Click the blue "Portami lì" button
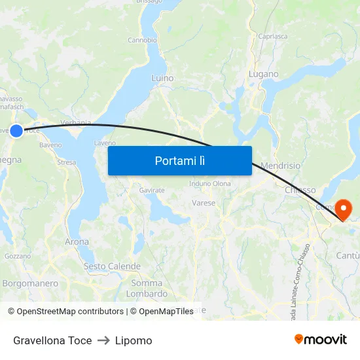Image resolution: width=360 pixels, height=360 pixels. click(179, 160)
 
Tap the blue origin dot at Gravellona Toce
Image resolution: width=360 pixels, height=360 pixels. click(16, 130)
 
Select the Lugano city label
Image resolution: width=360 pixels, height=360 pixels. click(263, 74)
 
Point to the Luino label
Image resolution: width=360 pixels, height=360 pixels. click(162, 78)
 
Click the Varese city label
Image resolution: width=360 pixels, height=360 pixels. click(204, 203)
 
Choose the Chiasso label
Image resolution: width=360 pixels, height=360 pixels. click(300, 190)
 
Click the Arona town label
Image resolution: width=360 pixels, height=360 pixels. click(77, 242)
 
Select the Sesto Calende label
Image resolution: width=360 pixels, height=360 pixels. click(112, 266)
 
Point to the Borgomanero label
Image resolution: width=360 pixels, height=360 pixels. click(30, 283)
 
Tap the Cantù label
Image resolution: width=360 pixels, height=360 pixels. click(347, 254)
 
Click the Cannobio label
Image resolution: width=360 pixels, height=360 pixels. click(142, 40)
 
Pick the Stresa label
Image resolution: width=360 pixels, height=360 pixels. click(67, 162)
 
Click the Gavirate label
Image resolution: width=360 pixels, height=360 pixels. click(151, 190)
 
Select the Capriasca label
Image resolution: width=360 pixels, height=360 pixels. click(273, 37)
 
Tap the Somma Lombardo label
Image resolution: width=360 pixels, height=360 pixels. click(147, 289)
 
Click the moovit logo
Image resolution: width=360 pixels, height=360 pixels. click(320, 339)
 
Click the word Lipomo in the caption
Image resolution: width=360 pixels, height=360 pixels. click(134, 340)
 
